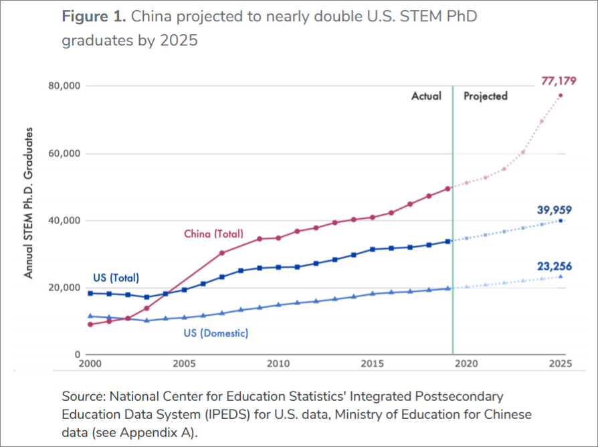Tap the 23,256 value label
click(555, 266)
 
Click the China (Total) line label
click(213, 234)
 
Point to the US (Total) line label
click(115, 278)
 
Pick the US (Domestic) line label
click(215, 333)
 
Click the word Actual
click(426, 96)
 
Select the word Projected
click(486, 96)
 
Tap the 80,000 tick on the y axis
click(64, 86)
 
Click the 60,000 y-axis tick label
click(64, 154)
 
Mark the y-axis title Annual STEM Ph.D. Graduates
click(29, 203)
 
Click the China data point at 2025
click(561, 95)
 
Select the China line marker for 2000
click(90, 325)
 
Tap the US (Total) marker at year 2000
click(90, 293)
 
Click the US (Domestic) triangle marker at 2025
click(561, 276)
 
